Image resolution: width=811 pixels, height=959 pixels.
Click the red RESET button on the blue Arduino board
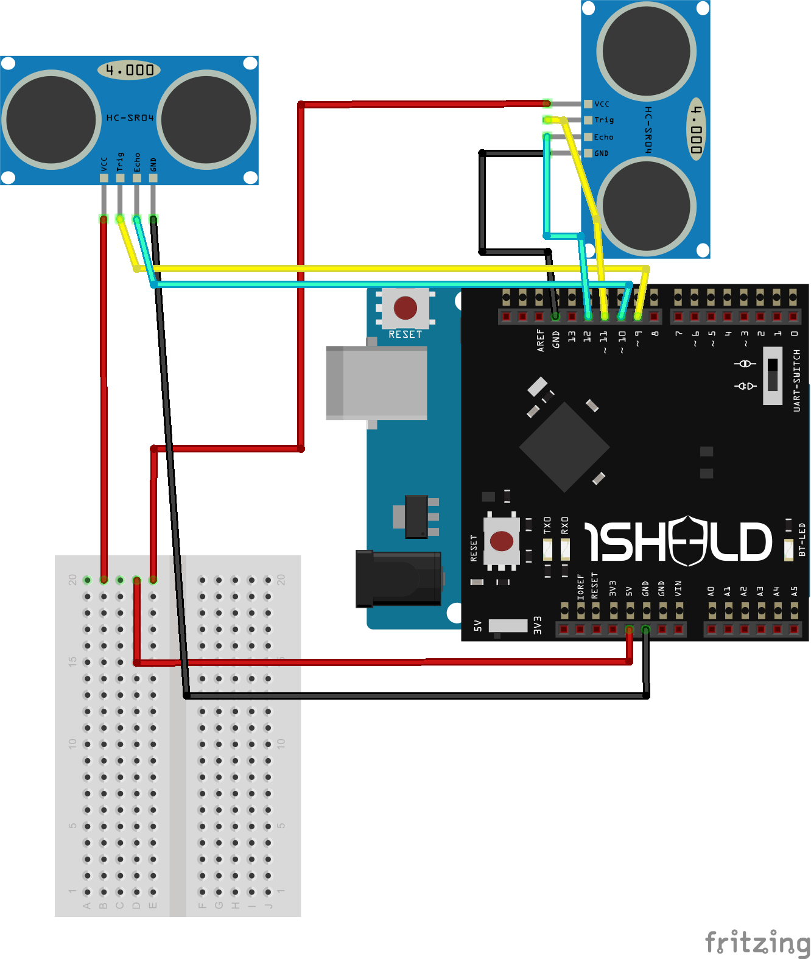[x=405, y=308]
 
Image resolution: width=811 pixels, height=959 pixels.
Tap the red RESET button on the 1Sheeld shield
[x=502, y=541]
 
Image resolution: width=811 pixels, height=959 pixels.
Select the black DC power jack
[x=399, y=578]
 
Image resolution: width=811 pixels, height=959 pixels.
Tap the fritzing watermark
[x=757, y=942]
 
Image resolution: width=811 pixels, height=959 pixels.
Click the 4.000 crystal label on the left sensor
[x=129, y=70]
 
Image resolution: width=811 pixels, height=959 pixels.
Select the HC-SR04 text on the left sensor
[x=130, y=118]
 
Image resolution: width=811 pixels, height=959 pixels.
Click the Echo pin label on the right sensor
[x=603, y=137]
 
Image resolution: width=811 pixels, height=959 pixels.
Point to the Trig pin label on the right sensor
[x=603, y=120]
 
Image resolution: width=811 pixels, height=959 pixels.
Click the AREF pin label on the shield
[x=540, y=341]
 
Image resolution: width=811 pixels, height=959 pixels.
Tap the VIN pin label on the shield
[x=678, y=588]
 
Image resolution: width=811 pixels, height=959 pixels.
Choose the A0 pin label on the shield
[x=711, y=591]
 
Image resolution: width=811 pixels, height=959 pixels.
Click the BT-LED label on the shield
[x=802, y=539]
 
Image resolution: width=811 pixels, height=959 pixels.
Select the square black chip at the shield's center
[x=564, y=448]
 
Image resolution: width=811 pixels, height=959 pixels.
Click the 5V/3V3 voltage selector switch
[x=508, y=626]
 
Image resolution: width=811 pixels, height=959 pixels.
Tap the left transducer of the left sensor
[x=52, y=120]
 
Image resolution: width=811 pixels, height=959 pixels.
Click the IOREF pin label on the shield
[x=580, y=586]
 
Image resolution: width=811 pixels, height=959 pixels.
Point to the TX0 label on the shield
[x=547, y=525]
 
